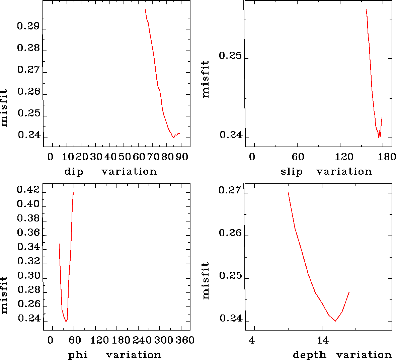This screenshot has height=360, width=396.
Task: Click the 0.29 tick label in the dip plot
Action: click(x=28, y=26)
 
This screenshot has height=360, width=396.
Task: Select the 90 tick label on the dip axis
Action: click(x=182, y=157)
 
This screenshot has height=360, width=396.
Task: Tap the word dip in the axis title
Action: click(x=74, y=172)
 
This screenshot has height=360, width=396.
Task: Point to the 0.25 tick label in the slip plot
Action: click(x=230, y=56)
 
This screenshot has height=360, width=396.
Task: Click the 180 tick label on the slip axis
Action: click(x=388, y=157)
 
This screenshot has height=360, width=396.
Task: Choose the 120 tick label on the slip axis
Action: click(x=344, y=157)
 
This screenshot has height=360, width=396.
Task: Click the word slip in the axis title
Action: click(x=291, y=172)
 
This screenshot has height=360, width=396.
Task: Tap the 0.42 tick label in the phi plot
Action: click(x=28, y=190)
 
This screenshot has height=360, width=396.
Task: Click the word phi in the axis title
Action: click(x=78, y=355)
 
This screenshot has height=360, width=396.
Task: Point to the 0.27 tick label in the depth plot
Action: click(x=230, y=190)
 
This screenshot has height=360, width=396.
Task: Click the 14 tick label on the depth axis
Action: click(x=323, y=340)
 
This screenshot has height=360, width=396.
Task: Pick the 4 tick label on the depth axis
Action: click(x=252, y=340)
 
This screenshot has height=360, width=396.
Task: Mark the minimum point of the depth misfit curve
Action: click(x=335, y=321)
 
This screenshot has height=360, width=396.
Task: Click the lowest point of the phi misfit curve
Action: click(x=66, y=321)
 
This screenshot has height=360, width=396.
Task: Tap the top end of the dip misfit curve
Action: click(x=145, y=9)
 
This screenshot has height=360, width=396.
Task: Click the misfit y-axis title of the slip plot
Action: click(x=206, y=79)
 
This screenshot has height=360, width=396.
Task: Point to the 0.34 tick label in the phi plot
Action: click(x=28, y=247)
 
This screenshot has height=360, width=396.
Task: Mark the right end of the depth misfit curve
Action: click(x=349, y=292)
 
